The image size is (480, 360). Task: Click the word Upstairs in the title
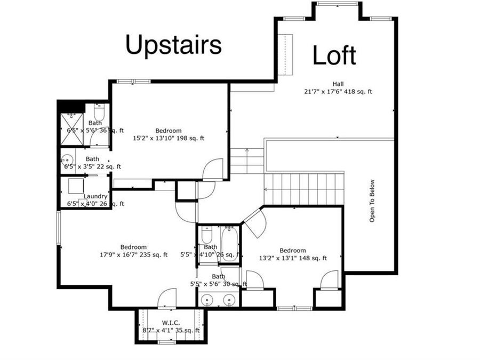coord(173,45)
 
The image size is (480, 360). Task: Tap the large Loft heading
coord(334,55)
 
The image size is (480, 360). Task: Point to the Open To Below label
coord(372,201)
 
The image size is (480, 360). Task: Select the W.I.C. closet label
coord(171,323)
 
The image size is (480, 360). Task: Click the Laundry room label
coord(95,196)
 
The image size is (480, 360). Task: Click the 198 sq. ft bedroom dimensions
coord(169,138)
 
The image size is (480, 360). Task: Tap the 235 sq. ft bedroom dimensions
coord(133,255)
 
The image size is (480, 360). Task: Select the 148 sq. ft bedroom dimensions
coord(293,258)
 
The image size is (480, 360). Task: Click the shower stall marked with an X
coord(72,129)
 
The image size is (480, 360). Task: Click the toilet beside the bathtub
coord(207,235)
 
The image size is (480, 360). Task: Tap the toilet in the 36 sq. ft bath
coord(99,113)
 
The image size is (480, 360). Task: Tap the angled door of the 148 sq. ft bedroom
coord(254,223)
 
